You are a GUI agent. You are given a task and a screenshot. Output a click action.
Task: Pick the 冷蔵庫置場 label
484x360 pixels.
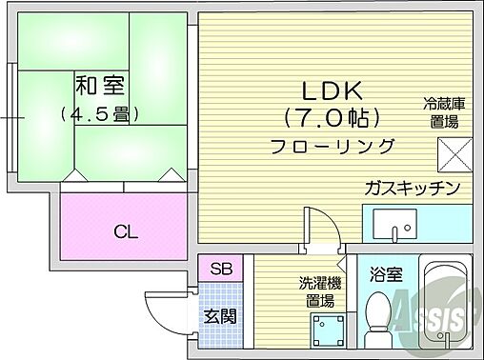pyautogui.click(x=444, y=112)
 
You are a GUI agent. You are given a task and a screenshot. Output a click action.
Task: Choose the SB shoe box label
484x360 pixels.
pyautogui.click(x=221, y=269)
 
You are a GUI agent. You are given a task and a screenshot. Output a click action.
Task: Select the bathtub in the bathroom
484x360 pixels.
pyautogui.click(x=444, y=305)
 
